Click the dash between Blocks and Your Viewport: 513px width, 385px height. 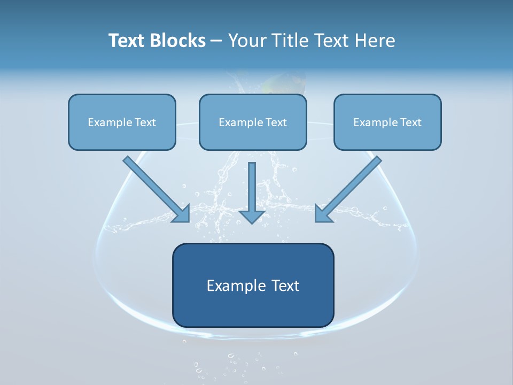pyautogui.click(x=216, y=41)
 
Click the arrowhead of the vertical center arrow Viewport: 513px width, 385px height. pyautogui.click(x=252, y=215)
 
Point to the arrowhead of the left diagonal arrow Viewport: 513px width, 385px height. pyautogui.click(x=182, y=214)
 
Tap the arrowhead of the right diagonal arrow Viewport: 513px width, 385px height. pyautogui.click(x=323, y=214)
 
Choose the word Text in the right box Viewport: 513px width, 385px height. pyautogui.click(x=410, y=122)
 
